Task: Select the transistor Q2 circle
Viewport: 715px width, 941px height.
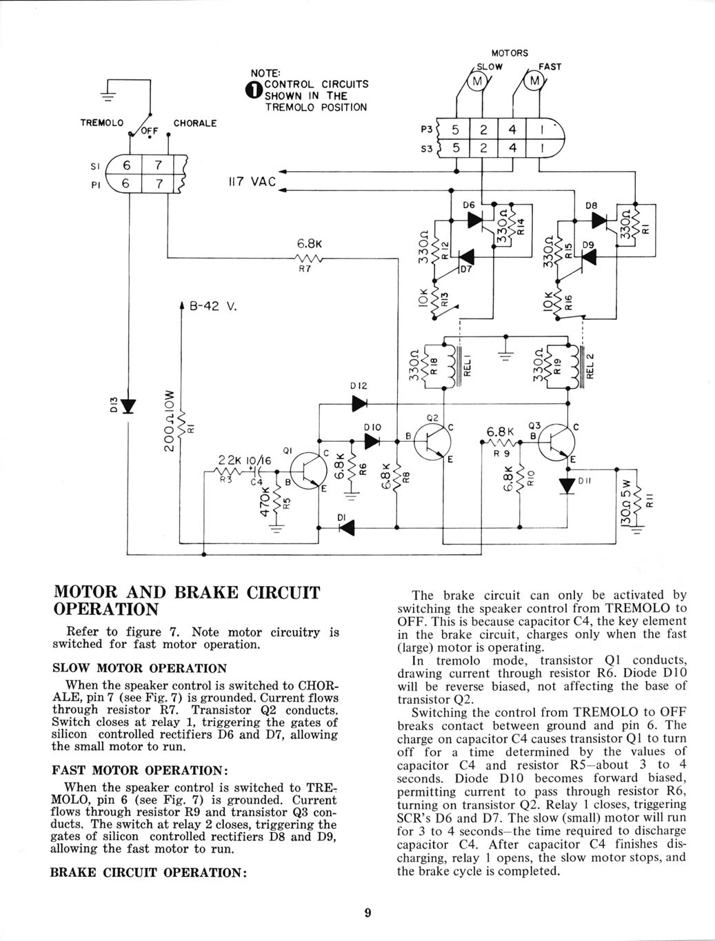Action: [432, 442]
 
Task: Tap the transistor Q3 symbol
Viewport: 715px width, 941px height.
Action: [556, 442]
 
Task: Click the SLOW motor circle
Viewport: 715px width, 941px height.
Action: [477, 81]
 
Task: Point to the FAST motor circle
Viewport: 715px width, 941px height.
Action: [534, 81]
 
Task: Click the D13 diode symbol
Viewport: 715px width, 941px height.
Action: [128, 405]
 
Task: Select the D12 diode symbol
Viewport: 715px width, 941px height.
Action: [359, 403]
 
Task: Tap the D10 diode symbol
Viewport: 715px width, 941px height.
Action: [372, 441]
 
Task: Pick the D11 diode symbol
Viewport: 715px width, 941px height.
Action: [567, 486]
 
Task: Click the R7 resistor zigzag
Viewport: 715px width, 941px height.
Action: [308, 258]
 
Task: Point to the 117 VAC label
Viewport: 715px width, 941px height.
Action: [252, 182]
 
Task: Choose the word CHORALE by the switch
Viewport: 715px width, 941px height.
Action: [194, 123]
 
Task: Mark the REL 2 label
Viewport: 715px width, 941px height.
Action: [591, 365]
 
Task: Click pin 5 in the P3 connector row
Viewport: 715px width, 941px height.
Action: [455, 130]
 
